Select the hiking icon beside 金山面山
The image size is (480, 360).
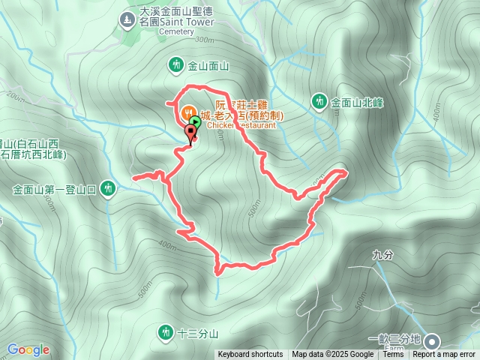click(x=176, y=65)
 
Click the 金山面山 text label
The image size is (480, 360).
click(x=208, y=66)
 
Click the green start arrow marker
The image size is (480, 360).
click(x=195, y=121)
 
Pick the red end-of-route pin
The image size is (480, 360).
click(x=190, y=133)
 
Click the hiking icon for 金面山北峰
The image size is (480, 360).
click(x=319, y=100)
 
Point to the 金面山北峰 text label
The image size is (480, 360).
click(x=357, y=101)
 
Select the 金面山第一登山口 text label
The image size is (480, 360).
click(x=55, y=190)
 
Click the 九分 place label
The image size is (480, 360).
click(x=382, y=255)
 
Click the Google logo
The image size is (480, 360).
click(x=28, y=349)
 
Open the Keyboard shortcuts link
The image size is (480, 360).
click(x=250, y=355)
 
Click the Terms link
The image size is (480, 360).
click(x=393, y=355)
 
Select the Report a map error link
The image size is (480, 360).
click(x=445, y=355)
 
